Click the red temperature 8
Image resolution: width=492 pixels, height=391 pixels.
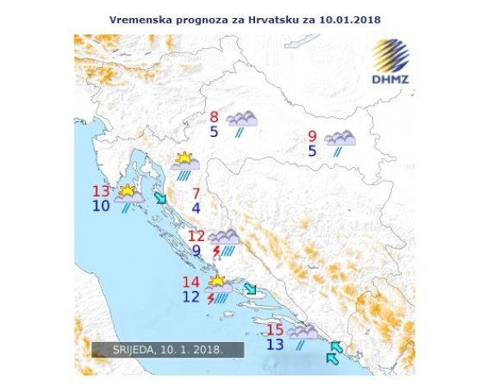click(214, 117)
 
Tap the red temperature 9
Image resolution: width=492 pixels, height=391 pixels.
click(312, 137)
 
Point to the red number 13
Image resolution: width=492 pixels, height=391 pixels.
click(101, 192)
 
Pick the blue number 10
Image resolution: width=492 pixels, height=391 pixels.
click(101, 206)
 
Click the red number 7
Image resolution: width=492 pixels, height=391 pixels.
click(196, 194)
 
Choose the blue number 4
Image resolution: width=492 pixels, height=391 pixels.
click(196, 208)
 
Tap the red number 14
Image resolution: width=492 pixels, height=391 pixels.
click(191, 283)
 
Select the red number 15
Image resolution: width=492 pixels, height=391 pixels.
click(276, 330)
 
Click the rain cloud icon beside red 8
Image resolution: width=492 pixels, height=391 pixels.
click(242, 122)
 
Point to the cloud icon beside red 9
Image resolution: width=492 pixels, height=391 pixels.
click(339, 141)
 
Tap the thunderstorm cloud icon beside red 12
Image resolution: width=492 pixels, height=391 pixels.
click(223, 243)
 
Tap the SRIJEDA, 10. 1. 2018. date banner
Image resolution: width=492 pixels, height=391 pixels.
click(168, 350)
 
